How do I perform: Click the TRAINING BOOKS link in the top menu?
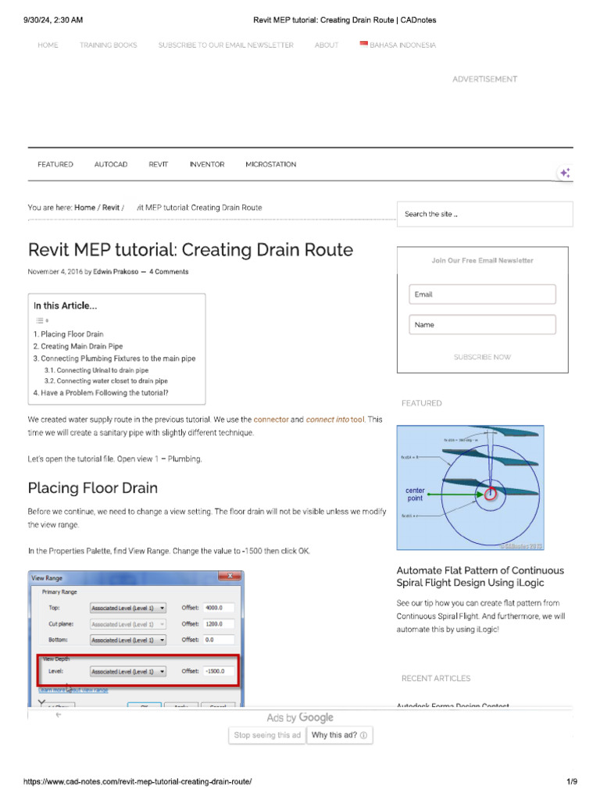tap(108, 45)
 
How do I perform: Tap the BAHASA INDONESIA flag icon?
tap(363, 45)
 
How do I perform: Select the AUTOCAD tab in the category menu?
tap(111, 165)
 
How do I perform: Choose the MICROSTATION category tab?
tap(270, 165)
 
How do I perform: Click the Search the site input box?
tap(484, 214)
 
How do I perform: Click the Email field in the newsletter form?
tap(482, 295)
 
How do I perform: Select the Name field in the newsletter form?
tap(482, 325)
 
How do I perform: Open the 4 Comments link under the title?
tap(169, 272)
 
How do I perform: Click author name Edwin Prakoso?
tap(116, 272)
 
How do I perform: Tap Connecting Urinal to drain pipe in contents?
tap(96, 370)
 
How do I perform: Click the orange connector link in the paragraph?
tap(271, 420)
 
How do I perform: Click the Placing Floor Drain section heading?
tap(93, 488)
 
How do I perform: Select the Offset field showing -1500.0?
tap(219, 670)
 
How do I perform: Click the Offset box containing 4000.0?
tap(219, 607)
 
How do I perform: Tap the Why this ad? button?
tap(340, 735)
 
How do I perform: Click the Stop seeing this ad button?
tap(267, 735)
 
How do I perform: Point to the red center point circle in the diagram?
tap(490, 494)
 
